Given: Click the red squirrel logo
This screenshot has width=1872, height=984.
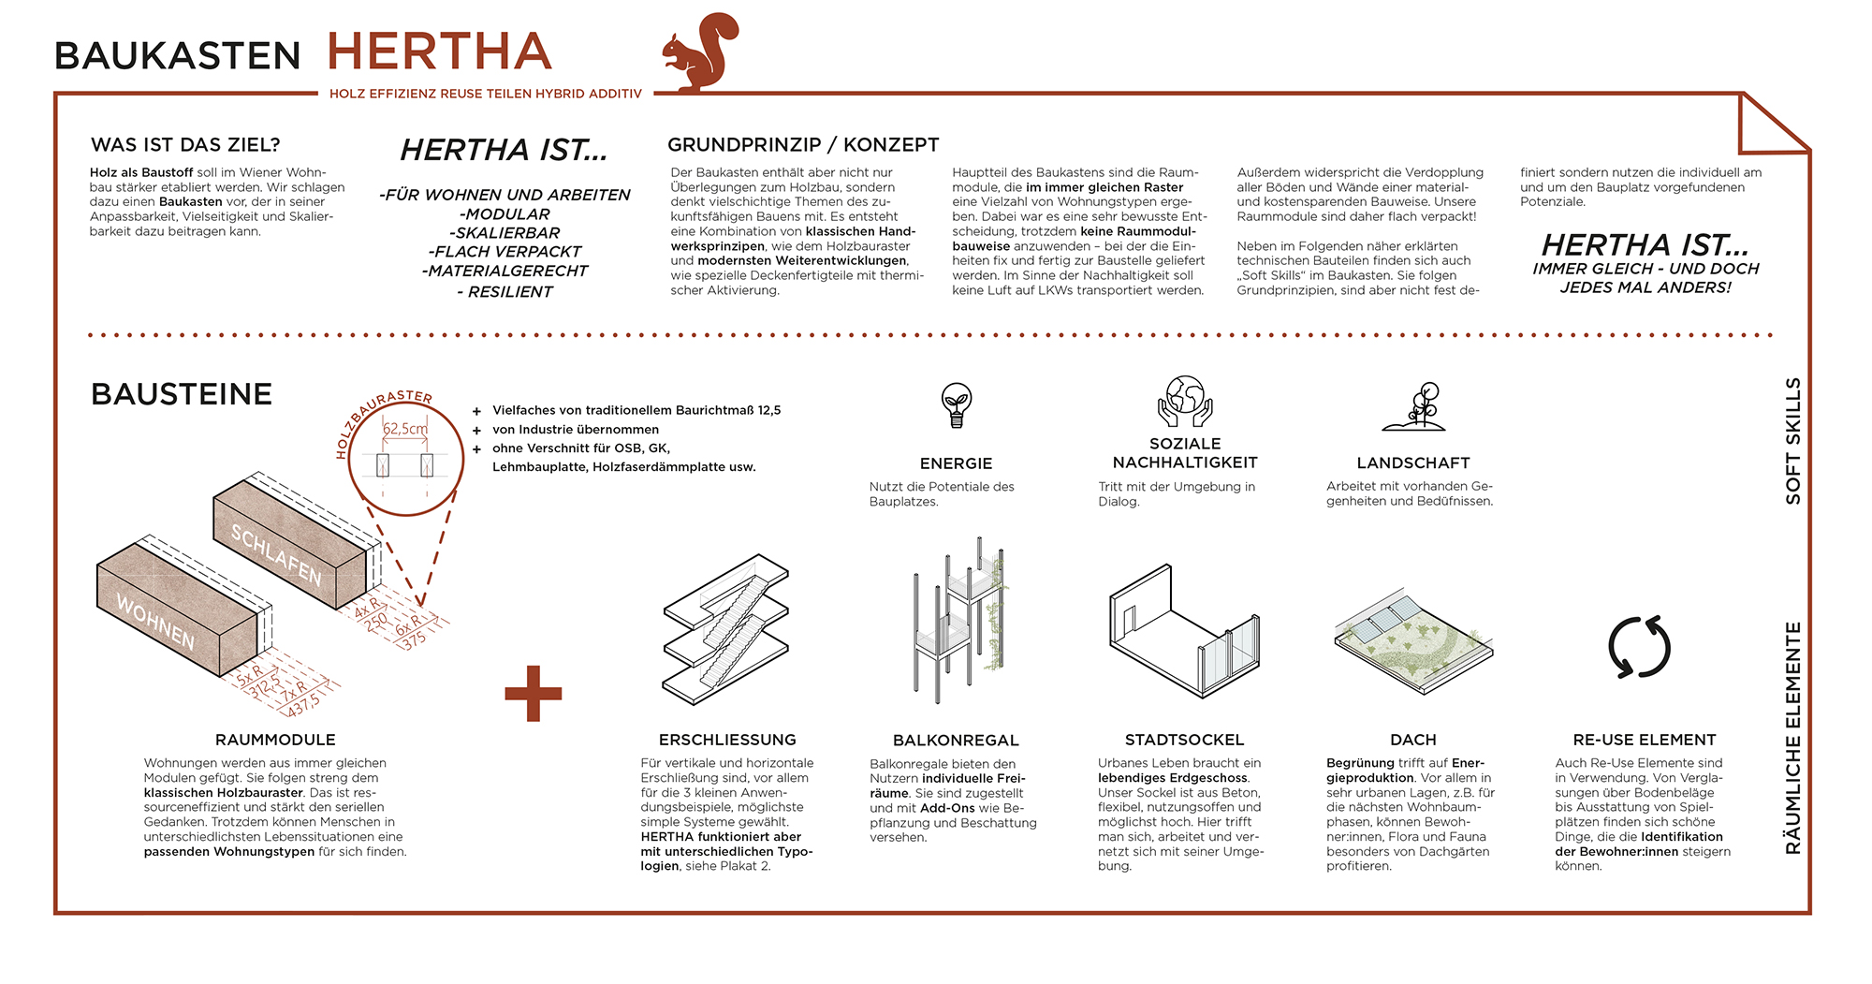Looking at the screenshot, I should (700, 52).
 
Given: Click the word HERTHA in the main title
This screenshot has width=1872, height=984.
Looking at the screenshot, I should (439, 52).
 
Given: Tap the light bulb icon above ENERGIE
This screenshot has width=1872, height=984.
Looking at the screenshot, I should (956, 405).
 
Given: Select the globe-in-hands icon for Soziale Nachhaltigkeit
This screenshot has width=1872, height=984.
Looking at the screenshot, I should (1184, 402).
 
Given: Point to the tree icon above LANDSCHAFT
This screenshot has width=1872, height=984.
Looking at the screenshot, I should (1415, 406).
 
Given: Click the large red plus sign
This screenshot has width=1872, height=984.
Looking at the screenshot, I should (533, 694).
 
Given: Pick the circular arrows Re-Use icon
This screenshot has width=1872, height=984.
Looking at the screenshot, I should (1639, 647).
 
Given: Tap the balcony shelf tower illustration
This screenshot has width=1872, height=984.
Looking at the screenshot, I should (958, 618).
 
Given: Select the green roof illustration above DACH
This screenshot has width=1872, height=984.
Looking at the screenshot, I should (1412, 641).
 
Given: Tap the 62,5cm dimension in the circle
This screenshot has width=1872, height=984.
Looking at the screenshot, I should (405, 429).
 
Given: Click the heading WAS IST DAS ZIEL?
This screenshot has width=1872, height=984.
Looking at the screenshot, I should (185, 145).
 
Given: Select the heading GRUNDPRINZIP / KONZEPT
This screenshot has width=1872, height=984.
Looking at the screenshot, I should (802, 145).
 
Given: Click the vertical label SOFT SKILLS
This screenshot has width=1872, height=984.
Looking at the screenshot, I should (1792, 441).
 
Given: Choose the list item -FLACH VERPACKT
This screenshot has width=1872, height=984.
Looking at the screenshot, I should (505, 252).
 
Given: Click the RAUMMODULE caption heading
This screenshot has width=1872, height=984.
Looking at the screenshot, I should (275, 740).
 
